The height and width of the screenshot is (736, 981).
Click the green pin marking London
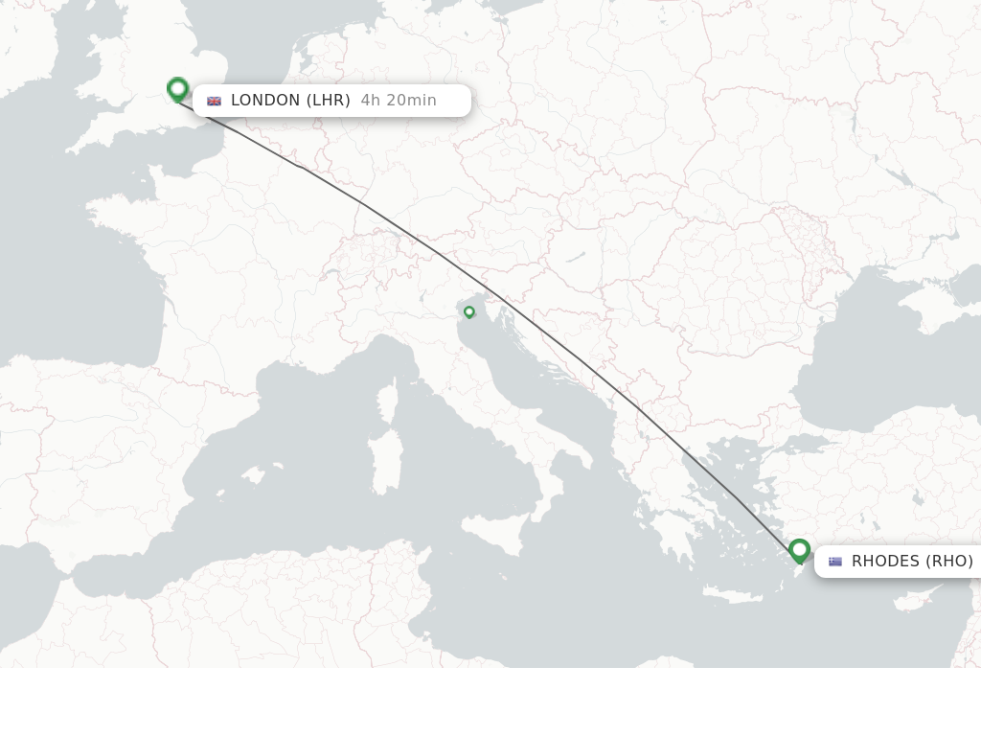point(177,89)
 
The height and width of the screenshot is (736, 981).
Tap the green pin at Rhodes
point(799,550)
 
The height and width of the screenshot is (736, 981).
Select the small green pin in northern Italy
point(469,311)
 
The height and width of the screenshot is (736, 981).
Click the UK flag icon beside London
point(214,101)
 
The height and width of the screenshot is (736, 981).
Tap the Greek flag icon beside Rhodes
point(835,562)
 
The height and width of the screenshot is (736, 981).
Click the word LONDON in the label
point(265,101)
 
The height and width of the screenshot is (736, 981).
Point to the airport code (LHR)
point(328,101)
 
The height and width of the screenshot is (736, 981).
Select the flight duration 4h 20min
point(399,101)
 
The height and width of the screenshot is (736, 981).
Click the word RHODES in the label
point(885,562)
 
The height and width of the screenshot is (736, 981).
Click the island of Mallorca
point(253,474)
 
